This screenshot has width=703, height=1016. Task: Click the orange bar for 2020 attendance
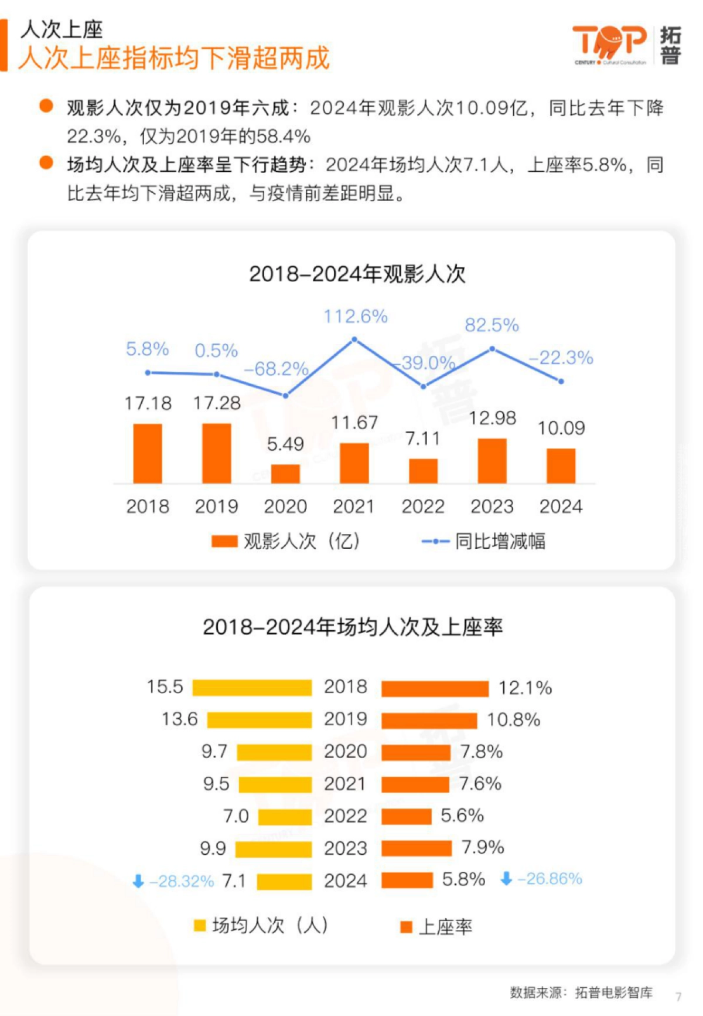285,474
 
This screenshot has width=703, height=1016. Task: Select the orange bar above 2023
492,461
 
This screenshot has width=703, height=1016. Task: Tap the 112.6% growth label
356,317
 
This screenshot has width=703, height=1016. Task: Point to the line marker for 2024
561,381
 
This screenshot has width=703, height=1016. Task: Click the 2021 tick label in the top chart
354,507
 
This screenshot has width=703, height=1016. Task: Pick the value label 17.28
217,403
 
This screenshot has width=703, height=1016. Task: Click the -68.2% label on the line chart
276,369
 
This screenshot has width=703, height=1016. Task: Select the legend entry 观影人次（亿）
286,541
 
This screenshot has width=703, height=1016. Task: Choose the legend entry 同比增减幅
484,541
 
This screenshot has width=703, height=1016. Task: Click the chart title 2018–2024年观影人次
357,274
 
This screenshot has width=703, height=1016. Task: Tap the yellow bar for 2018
252,688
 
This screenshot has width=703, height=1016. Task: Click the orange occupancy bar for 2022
407,816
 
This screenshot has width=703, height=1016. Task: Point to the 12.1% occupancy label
525,688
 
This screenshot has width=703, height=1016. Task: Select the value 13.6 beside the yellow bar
180,719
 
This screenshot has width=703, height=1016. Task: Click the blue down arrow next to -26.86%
507,879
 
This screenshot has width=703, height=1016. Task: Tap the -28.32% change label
182,881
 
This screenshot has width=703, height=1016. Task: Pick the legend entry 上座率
437,927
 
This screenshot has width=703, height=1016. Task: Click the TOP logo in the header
609,43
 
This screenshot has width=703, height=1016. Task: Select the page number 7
678,997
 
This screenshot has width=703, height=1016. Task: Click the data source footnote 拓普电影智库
613,993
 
